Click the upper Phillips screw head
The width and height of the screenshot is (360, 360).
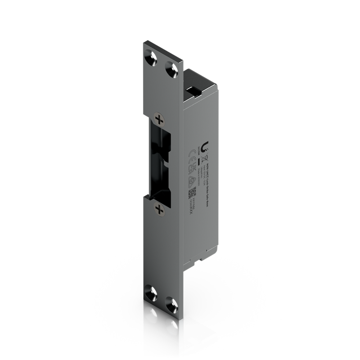point(159,119)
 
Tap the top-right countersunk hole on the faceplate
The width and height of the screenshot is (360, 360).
point(171,68)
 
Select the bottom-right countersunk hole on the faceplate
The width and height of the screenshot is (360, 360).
point(171,301)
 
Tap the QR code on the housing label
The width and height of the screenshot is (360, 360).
point(192,192)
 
